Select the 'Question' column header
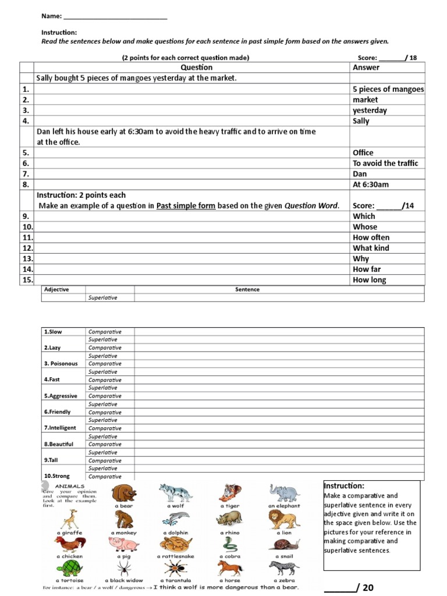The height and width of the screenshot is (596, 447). (x=197, y=68)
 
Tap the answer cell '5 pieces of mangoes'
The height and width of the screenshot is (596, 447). (x=388, y=89)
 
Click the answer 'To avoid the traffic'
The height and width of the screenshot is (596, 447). (x=385, y=164)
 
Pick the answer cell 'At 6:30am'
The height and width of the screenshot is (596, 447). (x=370, y=185)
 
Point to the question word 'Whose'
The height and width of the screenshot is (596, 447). (x=364, y=227)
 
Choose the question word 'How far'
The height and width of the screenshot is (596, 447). (x=367, y=269)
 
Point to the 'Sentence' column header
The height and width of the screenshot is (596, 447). (x=247, y=289)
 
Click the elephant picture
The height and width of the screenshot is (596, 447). (x=285, y=494)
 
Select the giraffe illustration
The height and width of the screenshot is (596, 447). (x=69, y=519)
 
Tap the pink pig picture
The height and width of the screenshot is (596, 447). (x=124, y=544)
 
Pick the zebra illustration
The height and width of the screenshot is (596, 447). (x=285, y=568)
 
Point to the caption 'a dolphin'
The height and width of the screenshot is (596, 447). (x=175, y=533)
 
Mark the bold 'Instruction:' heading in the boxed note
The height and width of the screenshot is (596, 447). (x=343, y=486)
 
